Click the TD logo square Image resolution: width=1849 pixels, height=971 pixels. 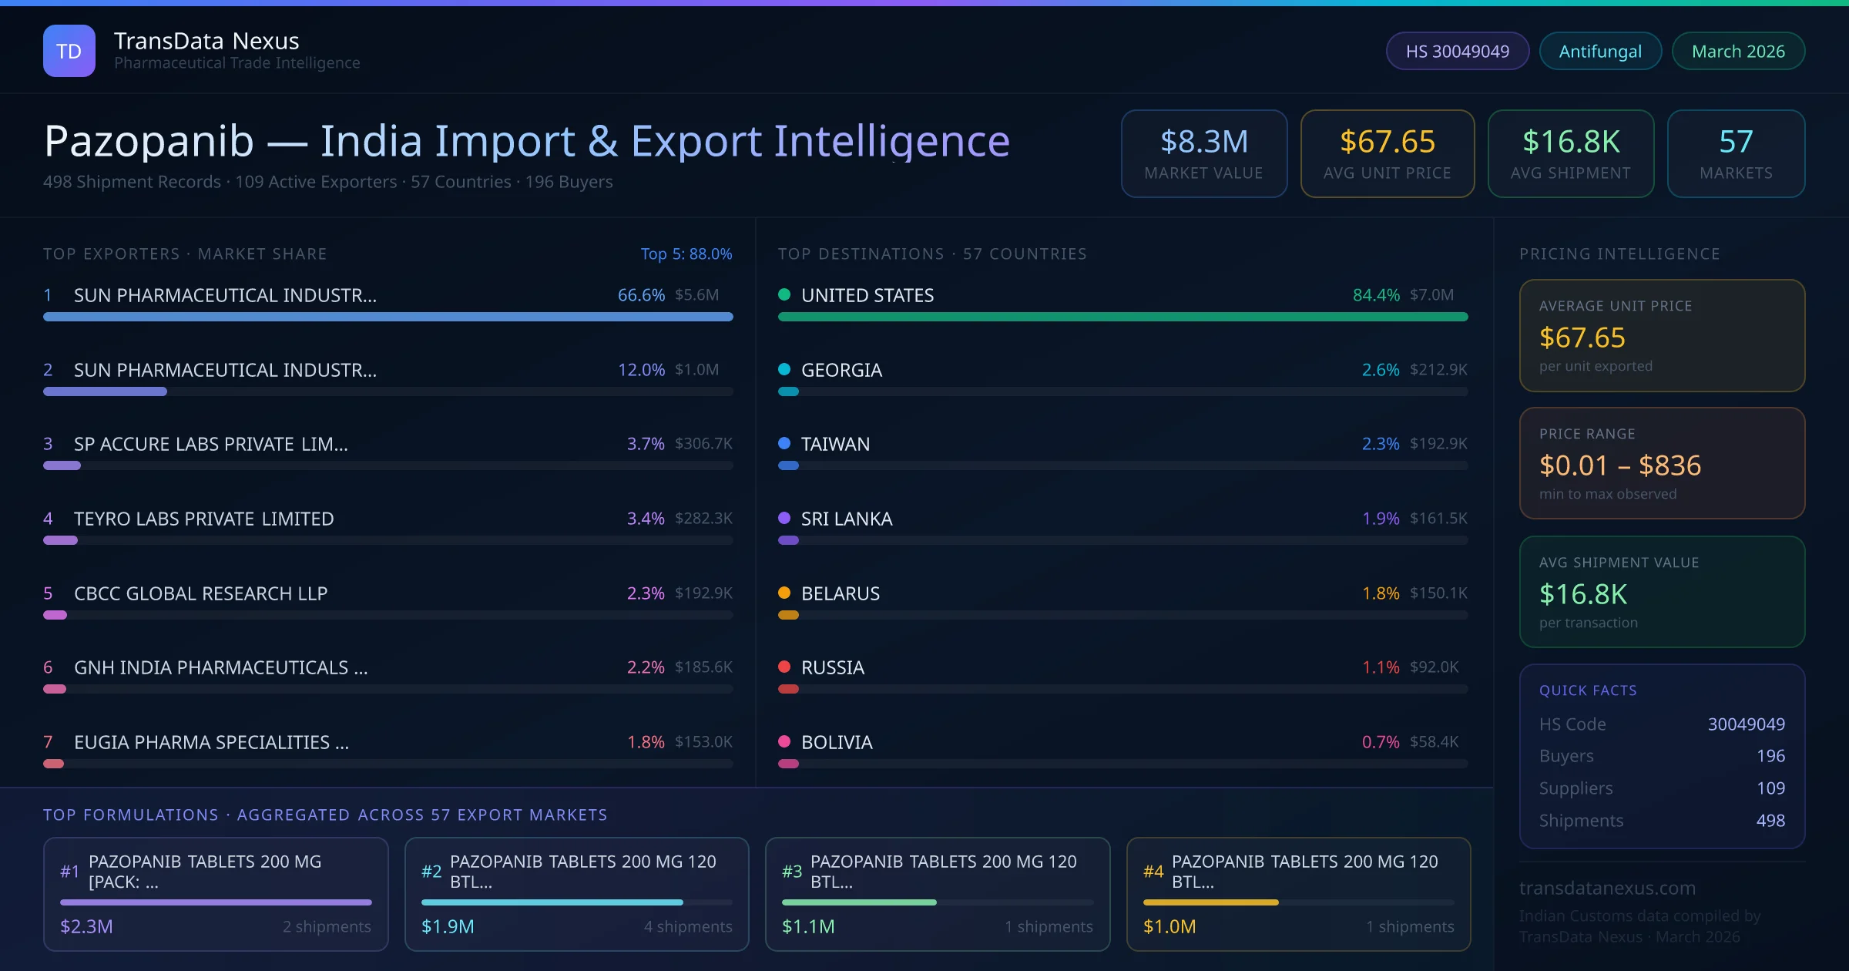coord(69,51)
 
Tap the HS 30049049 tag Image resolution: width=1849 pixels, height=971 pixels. coord(1457,52)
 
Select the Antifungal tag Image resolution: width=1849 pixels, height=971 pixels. coord(1600,52)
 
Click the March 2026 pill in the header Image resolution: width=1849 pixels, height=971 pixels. coord(1738,52)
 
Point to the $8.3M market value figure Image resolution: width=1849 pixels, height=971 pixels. coord(1204,142)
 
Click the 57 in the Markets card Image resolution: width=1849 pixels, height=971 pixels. coord(1736,142)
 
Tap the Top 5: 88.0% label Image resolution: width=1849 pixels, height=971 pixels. coord(686,254)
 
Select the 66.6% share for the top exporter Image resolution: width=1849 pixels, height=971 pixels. coord(641,295)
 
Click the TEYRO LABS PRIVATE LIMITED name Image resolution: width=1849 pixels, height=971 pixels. coord(204,519)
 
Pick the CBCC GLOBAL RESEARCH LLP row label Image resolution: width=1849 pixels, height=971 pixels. coord(201,593)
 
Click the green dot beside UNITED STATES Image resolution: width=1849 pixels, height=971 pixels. coord(784,294)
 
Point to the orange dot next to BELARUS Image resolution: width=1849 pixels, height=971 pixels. coord(784,593)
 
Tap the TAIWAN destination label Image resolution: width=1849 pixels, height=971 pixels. coord(835,444)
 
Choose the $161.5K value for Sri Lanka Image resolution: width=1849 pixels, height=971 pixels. coord(1438,519)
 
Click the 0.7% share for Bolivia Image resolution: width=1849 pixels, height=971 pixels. coord(1381,742)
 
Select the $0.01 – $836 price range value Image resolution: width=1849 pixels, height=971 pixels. coord(1619,465)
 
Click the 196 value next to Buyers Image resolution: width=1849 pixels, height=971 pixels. coord(1770,756)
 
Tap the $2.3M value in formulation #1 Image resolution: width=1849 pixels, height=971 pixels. coord(86,926)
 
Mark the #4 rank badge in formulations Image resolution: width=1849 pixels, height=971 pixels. coord(1153,872)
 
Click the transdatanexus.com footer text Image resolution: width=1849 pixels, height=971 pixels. coord(1607,888)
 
